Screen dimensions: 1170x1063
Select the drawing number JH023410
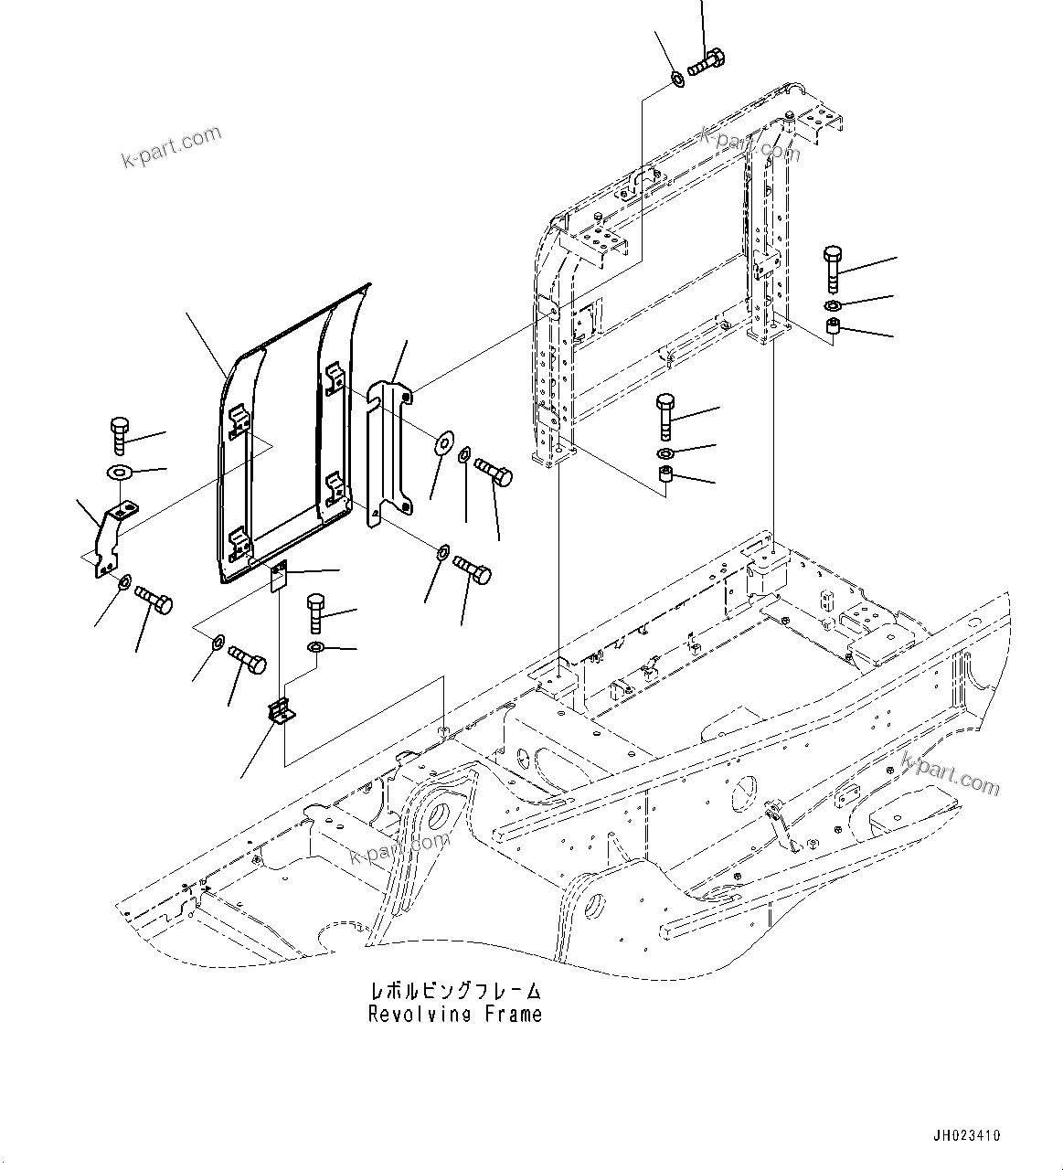pyautogui.click(x=966, y=1136)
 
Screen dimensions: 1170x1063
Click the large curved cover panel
pyautogui.click(x=274, y=439)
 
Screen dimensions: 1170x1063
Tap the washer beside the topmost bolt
pyautogui.click(x=677, y=79)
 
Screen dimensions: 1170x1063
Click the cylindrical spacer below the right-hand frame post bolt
pyautogui.click(x=834, y=328)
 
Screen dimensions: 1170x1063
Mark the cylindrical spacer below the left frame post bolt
pyautogui.click(x=665, y=474)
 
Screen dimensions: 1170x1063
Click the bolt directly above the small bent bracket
pyautogui.click(x=119, y=435)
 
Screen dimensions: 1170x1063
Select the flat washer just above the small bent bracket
pyautogui.click(x=120, y=473)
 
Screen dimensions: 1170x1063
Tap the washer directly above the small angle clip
pyautogui.click(x=315, y=648)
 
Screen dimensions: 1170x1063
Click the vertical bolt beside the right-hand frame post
pyautogui.click(x=833, y=264)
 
